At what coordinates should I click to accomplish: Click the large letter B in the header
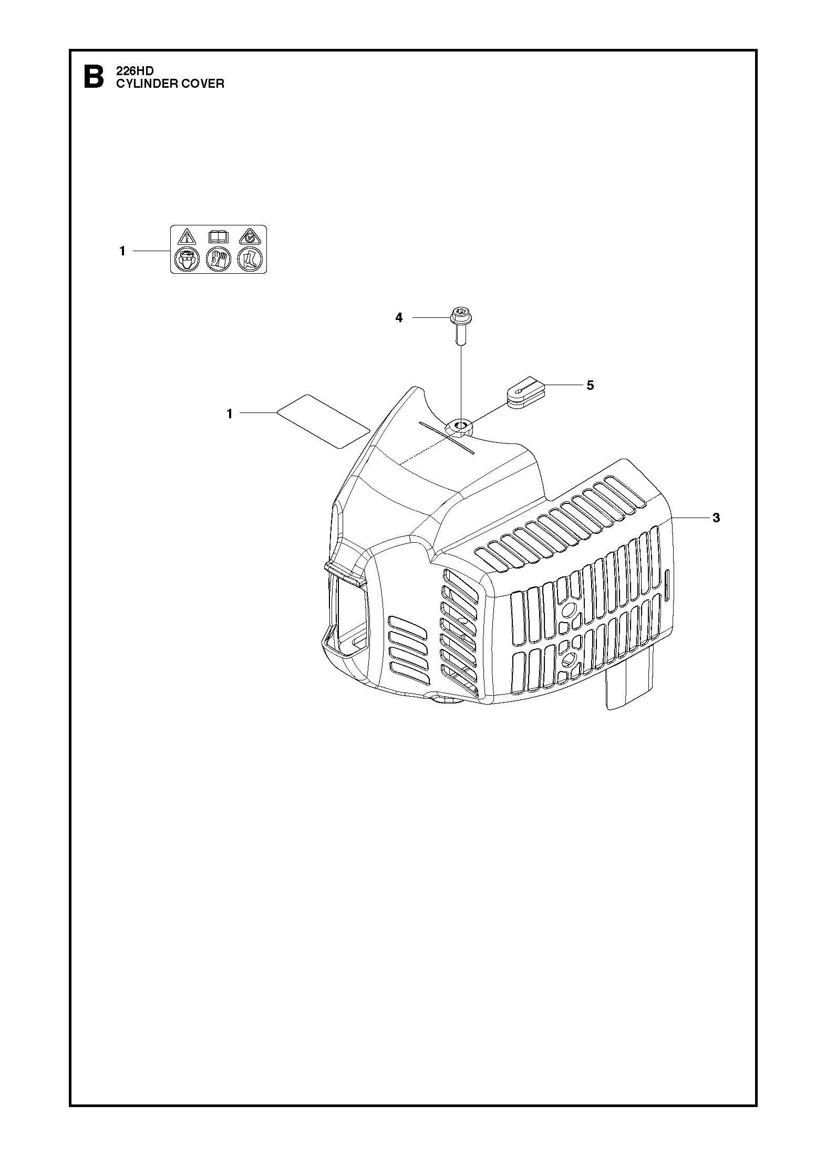click(x=94, y=77)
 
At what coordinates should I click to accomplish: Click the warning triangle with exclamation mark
click(x=186, y=236)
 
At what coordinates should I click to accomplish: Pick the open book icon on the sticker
click(x=218, y=236)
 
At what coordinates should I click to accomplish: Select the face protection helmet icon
click(x=186, y=259)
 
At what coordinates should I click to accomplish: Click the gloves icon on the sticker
click(x=218, y=259)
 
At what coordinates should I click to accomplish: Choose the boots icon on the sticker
click(x=250, y=259)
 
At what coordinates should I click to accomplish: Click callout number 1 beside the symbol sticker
click(x=122, y=251)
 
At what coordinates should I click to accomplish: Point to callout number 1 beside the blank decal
click(x=230, y=414)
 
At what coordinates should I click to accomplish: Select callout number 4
click(x=399, y=317)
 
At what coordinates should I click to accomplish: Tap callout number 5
click(x=590, y=385)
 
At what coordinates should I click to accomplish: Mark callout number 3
click(x=716, y=518)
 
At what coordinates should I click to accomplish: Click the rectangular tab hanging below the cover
click(x=630, y=682)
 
